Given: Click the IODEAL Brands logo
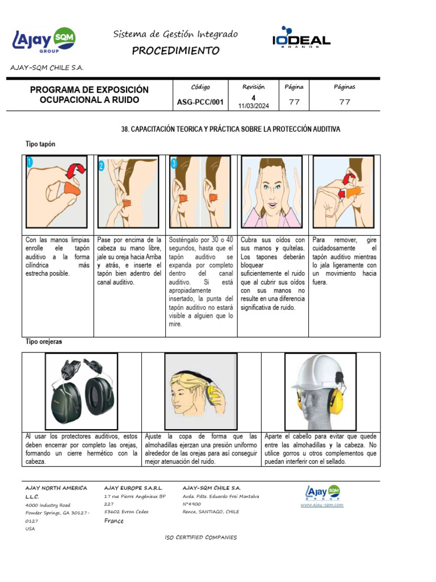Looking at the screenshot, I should click(x=301, y=38).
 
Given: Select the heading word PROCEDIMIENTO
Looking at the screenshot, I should click(x=175, y=51).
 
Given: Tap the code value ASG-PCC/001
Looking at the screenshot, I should click(x=200, y=103).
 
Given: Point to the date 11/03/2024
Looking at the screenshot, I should click(x=254, y=106).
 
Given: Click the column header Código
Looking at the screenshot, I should click(x=200, y=87).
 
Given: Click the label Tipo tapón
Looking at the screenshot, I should click(x=40, y=144).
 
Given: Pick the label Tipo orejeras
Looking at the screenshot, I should click(x=44, y=342).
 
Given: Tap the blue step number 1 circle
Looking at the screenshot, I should click(x=30, y=163).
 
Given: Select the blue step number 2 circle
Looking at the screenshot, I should click(x=101, y=166).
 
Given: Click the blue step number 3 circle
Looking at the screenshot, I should click(x=174, y=163).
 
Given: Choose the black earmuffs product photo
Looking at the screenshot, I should click(x=81, y=390).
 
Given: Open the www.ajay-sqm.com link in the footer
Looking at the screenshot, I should click(x=322, y=504).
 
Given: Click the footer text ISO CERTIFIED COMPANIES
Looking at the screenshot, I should click(x=200, y=537).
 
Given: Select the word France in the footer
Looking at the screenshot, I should click(x=114, y=521).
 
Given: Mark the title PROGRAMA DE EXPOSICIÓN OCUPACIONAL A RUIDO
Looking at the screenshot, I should click(x=89, y=95).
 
